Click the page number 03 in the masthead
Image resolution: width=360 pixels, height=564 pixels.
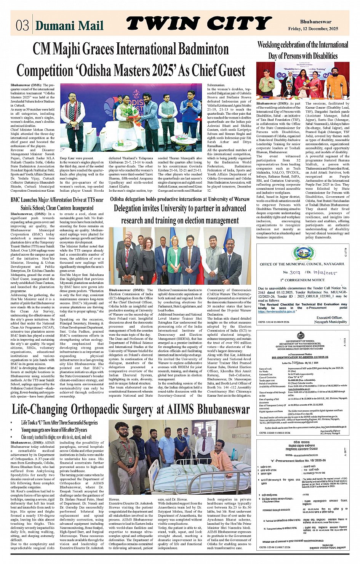[x=22, y=25]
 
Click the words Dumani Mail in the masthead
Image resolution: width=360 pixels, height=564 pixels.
[x=69, y=26]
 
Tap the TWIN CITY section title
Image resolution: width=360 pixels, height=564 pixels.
[x=198, y=24]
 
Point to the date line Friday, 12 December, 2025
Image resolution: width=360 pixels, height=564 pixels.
[x=318, y=29]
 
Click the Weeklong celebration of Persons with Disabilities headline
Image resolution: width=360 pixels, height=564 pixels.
[x=303, y=50]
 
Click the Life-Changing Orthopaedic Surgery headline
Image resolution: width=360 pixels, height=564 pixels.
[x=131, y=409]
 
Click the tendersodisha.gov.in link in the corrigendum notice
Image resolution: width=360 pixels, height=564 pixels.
[x=282, y=311]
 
